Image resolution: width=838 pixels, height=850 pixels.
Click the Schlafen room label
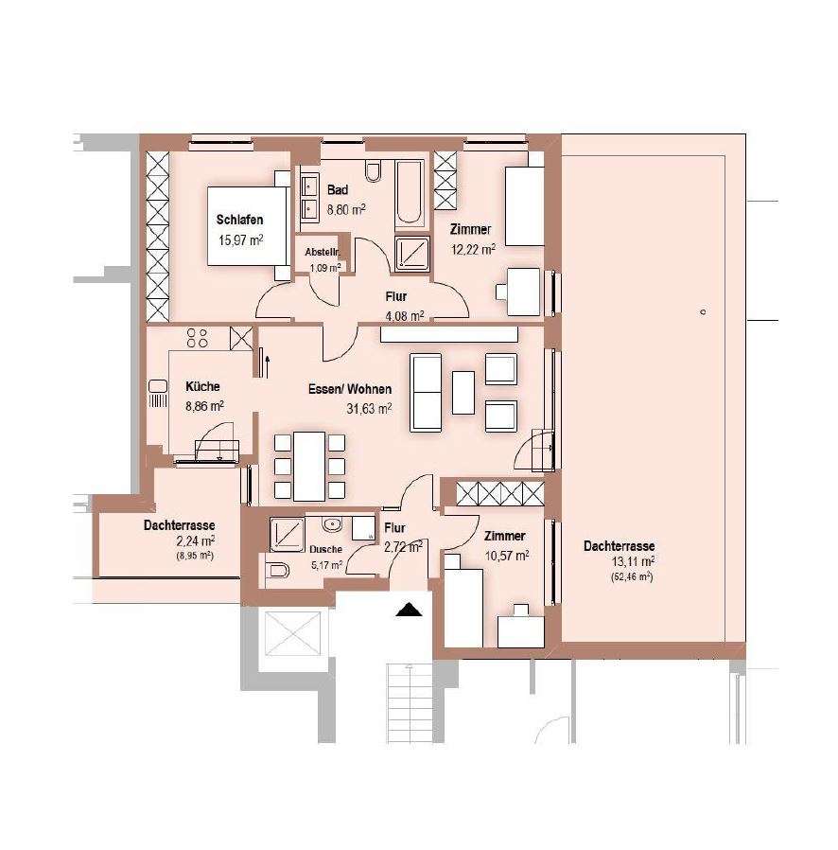(x=239, y=220)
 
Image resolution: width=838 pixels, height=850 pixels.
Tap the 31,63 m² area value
(x=369, y=408)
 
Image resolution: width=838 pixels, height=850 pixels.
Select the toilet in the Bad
(x=374, y=170)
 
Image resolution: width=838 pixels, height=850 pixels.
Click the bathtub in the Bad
(x=409, y=192)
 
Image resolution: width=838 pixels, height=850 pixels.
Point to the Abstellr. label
(x=323, y=252)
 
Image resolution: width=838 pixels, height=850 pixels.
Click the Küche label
(x=202, y=386)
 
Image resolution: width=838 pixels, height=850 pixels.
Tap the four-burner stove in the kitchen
(x=197, y=338)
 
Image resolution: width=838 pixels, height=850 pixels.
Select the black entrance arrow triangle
(x=409, y=610)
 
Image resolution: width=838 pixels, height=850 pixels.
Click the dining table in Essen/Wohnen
(x=309, y=467)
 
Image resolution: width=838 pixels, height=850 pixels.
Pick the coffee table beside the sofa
(x=463, y=393)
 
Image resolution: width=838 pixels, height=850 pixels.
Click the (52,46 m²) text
(x=632, y=576)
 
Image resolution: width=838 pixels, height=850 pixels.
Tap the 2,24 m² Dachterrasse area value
(x=196, y=540)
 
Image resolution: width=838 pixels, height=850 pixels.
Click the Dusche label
(x=326, y=549)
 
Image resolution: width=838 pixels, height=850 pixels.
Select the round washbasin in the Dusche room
(x=331, y=524)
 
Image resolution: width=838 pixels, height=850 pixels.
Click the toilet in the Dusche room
(x=277, y=570)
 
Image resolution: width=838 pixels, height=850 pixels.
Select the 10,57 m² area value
(x=506, y=556)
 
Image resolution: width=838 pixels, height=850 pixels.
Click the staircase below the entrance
(x=410, y=703)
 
